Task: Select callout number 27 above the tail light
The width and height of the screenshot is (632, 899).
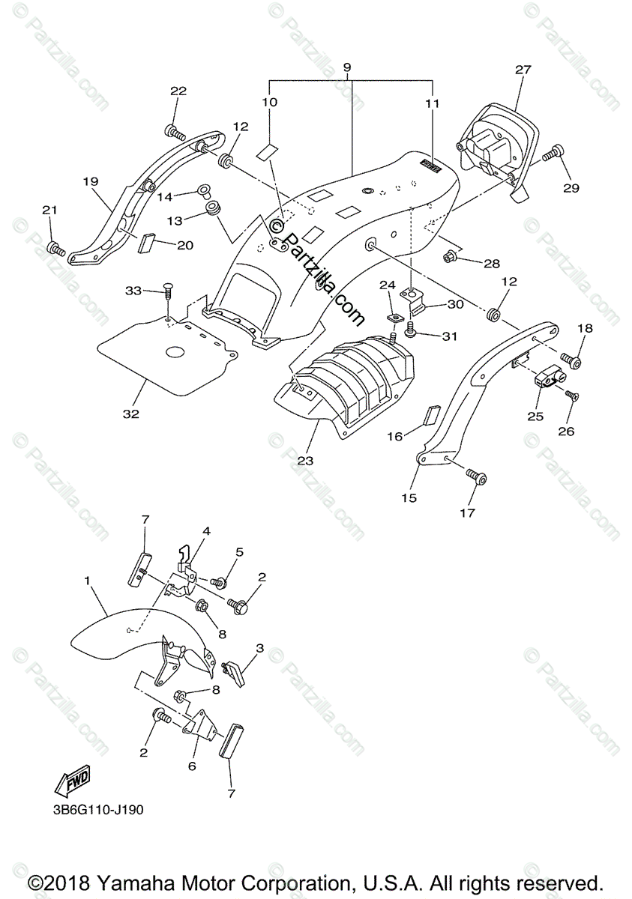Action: [523, 70]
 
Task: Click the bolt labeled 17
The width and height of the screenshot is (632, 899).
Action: [476, 476]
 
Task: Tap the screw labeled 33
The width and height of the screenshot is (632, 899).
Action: [168, 294]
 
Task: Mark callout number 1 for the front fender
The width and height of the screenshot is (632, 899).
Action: [88, 581]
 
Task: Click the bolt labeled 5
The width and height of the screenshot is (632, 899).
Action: [219, 581]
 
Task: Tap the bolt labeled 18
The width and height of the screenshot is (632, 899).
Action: [574, 362]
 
